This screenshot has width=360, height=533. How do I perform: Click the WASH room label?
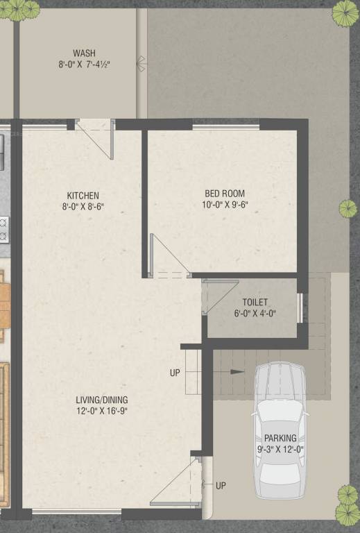tap(84, 53)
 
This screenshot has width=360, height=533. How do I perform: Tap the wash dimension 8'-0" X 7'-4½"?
tap(84, 65)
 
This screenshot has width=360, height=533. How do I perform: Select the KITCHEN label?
tap(83, 195)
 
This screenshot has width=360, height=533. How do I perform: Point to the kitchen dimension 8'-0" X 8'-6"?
tap(83, 206)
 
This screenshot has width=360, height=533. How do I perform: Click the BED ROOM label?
tap(224, 193)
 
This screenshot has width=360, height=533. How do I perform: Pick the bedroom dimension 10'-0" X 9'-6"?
tap(224, 205)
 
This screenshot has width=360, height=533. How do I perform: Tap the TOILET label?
tap(255, 302)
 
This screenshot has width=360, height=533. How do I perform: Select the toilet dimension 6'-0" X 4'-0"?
tap(255, 313)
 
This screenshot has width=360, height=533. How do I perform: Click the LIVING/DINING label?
tap(102, 400)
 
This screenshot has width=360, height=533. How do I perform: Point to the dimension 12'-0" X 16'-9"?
tap(102, 411)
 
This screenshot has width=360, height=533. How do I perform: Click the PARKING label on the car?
tap(280, 438)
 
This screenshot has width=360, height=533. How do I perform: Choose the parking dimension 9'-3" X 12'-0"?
tap(280, 449)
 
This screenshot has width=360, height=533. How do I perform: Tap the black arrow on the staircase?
tap(237, 372)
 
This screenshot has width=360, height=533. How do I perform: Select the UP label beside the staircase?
tap(175, 373)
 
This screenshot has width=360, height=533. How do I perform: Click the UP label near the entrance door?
tap(221, 485)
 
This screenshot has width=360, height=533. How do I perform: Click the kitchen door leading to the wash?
tap(97, 137)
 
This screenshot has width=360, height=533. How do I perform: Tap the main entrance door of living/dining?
tap(177, 485)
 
